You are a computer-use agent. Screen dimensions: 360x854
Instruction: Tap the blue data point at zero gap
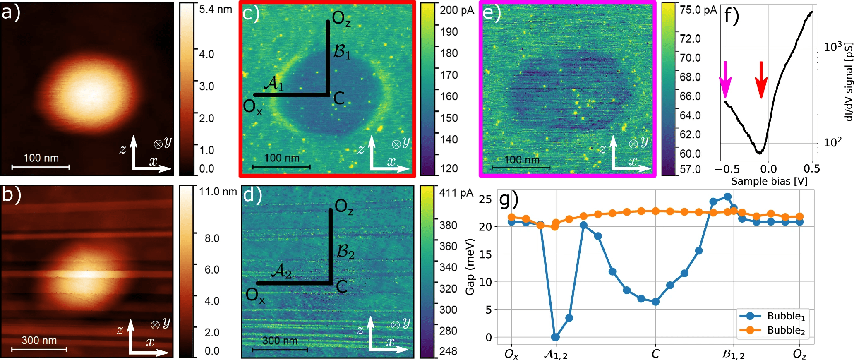click(x=556, y=337)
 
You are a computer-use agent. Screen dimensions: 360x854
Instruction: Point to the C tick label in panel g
click(x=655, y=354)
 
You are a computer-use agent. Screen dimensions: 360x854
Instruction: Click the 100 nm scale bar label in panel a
click(x=41, y=158)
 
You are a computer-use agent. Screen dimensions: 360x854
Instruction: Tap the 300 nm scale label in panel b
click(x=39, y=341)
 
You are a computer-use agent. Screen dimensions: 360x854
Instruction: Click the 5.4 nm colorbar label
click(x=216, y=9)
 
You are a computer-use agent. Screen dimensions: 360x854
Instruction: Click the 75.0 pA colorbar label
click(x=698, y=10)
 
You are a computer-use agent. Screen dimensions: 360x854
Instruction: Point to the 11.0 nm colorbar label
click(x=218, y=192)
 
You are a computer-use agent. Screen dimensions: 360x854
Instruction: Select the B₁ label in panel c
click(x=342, y=52)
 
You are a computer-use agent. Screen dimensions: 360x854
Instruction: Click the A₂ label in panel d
click(x=281, y=271)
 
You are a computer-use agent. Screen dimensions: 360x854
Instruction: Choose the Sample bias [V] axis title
click(x=769, y=181)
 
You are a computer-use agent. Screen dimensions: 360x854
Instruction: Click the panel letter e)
click(x=492, y=13)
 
